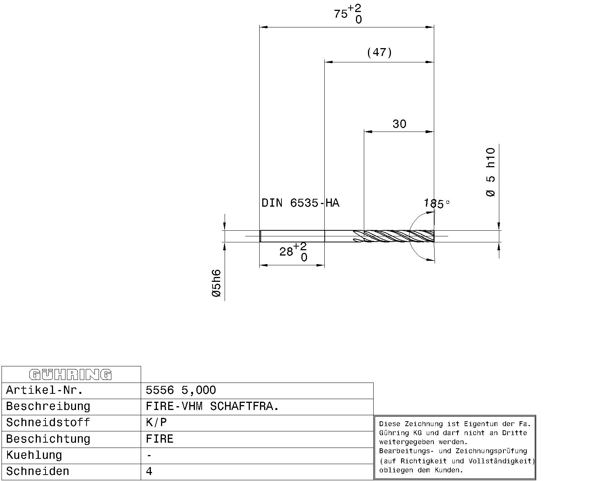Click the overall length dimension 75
[341, 14]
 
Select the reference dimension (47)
[379, 52]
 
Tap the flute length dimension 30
[399, 124]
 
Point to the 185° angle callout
[436, 203]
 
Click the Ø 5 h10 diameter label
[491, 172]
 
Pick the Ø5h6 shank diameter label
[216, 283]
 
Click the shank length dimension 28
[286, 252]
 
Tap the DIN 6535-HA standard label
[300, 203]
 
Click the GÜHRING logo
[70, 375]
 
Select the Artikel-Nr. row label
[44, 390]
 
